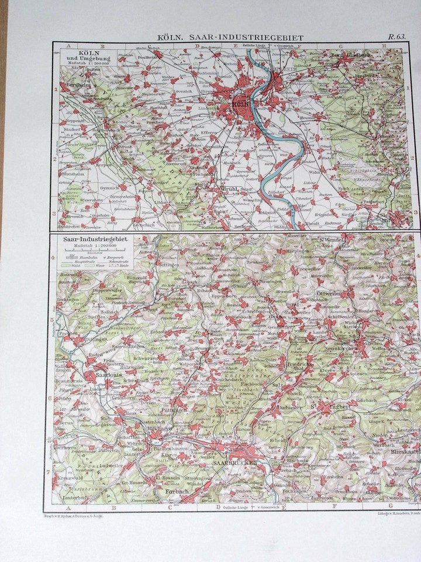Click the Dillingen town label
(x=94, y=338)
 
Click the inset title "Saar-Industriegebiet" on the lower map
(x=96, y=239)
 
